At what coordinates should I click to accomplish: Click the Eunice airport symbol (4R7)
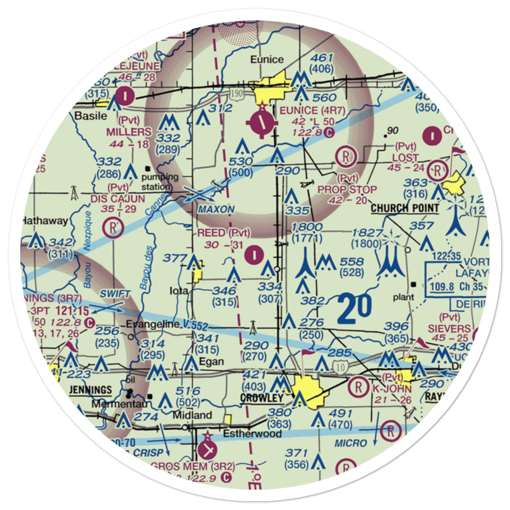(262, 122)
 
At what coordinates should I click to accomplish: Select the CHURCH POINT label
(404, 208)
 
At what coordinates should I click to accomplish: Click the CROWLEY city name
(263, 398)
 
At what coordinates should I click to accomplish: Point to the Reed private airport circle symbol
(254, 253)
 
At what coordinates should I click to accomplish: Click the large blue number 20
(354, 310)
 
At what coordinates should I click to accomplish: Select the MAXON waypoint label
(216, 210)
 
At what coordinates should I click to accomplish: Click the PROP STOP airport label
(347, 190)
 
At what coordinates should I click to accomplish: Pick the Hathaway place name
(44, 221)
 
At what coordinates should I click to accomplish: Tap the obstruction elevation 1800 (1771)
(308, 233)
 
